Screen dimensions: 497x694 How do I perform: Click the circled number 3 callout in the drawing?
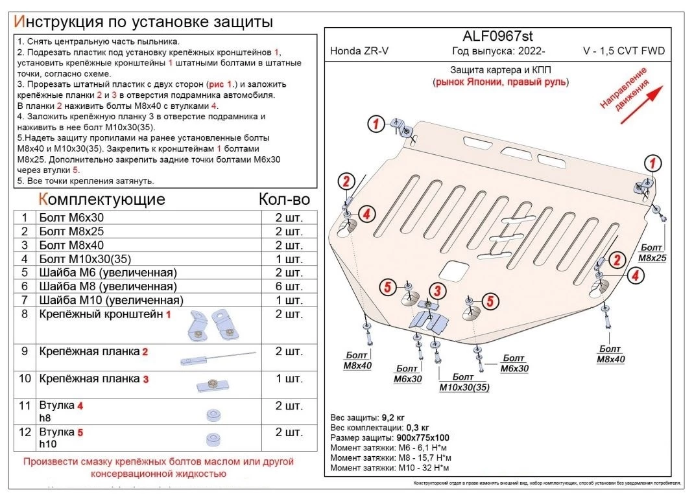coord(438,290)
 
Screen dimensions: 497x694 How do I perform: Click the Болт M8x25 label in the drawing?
coord(652,253)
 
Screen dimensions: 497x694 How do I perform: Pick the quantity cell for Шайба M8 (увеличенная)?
coord(289,286)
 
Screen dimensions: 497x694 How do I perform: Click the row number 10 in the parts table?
coord(25,378)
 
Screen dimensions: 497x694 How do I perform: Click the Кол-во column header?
coord(284,199)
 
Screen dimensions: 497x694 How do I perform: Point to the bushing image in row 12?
coord(212,439)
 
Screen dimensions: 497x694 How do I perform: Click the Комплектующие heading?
coord(102,199)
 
